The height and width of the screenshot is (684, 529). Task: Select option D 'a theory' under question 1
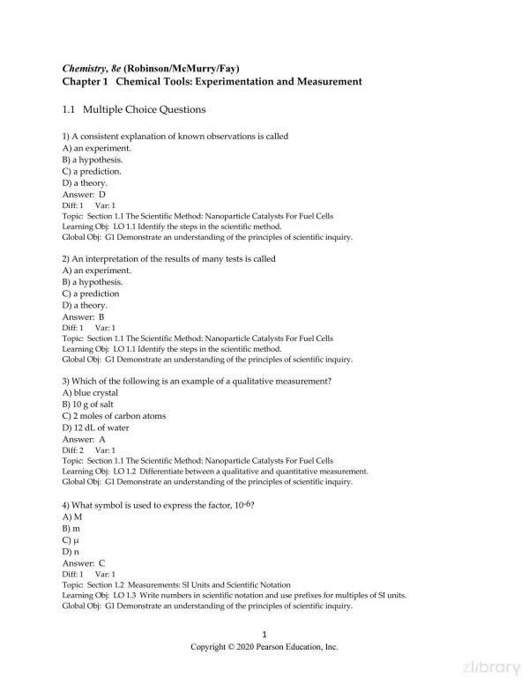pos(85,182)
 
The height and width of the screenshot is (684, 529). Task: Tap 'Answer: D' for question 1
pos(85,194)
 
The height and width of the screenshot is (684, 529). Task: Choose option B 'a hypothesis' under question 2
pos(93,282)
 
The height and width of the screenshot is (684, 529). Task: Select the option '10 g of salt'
pos(89,404)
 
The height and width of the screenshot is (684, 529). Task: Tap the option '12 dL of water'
pos(96,427)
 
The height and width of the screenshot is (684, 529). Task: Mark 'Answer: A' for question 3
pos(85,439)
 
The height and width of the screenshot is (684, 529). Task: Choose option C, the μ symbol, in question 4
pos(71,538)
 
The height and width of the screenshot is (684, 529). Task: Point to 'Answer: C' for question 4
pos(85,561)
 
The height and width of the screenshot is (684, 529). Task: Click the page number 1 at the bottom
pos(264,635)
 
